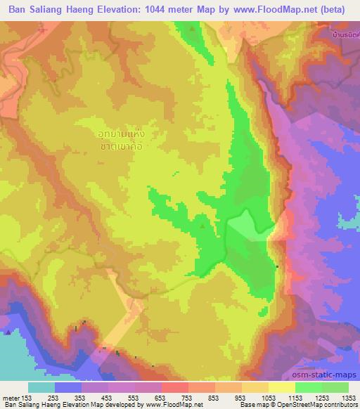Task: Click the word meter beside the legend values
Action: pyautogui.click(x=9, y=396)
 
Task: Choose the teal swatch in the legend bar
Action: pyautogui.click(x=41, y=387)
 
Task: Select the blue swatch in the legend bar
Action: pyautogui.click(x=68, y=387)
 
